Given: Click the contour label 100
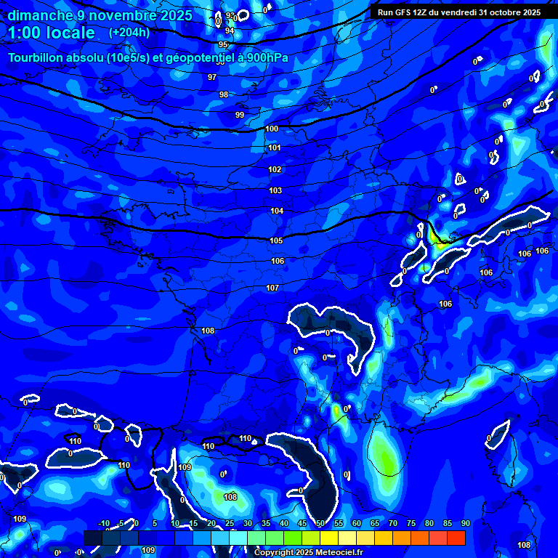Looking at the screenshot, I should [x=272, y=129].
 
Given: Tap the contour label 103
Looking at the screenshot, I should [x=275, y=191].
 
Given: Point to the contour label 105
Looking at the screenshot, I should [x=276, y=240].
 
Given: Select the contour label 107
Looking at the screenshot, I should [x=272, y=288].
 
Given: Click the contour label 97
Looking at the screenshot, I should [x=212, y=77].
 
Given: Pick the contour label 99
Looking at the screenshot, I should [x=240, y=115].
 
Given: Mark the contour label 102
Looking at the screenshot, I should [x=275, y=169].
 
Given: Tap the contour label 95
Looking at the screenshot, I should [x=223, y=44].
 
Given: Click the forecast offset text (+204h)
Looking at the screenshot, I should [x=129, y=32].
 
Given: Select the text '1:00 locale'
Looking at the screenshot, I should [x=52, y=33].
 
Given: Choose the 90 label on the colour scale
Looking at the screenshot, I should [x=465, y=523].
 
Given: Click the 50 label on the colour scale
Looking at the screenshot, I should [x=320, y=523].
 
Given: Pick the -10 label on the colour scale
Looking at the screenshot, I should [x=103, y=523].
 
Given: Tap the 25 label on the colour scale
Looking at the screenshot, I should [x=230, y=523].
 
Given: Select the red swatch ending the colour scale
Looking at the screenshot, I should [x=456, y=538].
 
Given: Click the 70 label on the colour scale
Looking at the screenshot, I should [x=392, y=523].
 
